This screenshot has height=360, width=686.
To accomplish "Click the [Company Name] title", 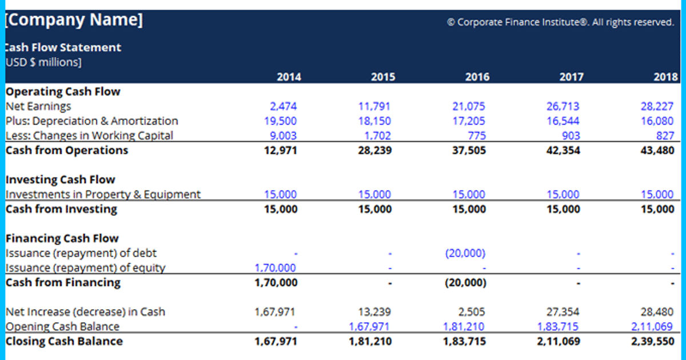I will point(74,21).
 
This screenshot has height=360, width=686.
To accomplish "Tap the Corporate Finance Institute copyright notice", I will point(560,22).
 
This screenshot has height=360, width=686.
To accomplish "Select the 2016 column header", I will point(477,77).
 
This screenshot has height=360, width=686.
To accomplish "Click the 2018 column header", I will point(665,77).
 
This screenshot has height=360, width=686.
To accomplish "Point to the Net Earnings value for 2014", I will point(284,106).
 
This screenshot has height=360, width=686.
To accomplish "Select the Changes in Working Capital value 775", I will point(476,136).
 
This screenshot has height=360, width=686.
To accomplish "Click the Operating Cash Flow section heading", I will point(63,91).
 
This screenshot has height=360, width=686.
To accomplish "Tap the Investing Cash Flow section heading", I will point(60,180).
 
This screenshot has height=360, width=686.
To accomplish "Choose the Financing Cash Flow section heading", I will point(62,239).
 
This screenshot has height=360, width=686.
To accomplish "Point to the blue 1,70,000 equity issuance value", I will point(276,268).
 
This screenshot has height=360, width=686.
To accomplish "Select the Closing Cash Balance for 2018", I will point(652,342).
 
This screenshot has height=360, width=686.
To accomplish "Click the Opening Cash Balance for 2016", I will point(464,327).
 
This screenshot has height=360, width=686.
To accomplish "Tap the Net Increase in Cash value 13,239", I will point(374,312).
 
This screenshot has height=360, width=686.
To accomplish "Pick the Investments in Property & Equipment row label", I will point(103,195).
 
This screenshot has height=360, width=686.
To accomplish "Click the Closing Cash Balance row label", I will point(64,342).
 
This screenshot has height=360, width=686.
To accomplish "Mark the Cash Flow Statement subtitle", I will point(63,47).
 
